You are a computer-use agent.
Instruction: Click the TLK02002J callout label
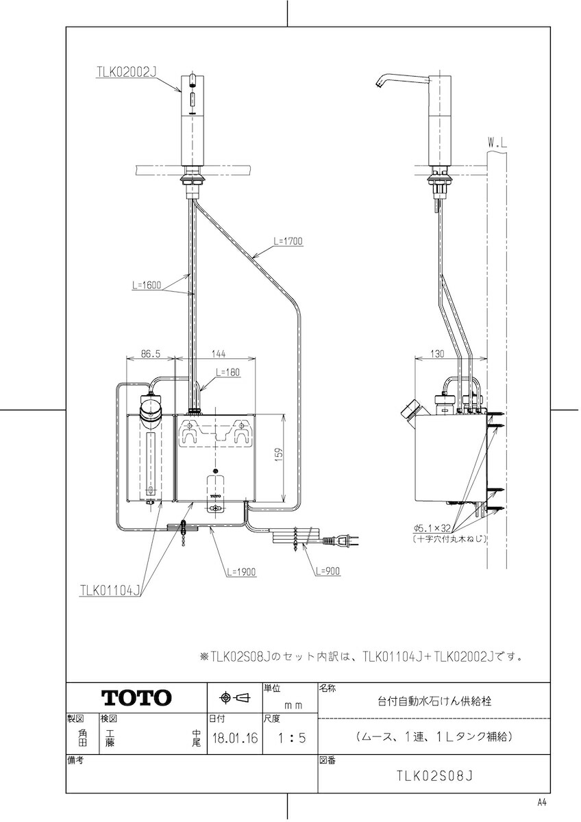click(x=127, y=72)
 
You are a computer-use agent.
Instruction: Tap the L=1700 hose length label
click(x=288, y=240)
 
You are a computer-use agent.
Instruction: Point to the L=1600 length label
click(x=147, y=285)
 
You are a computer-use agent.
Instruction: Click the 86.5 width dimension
click(x=151, y=353)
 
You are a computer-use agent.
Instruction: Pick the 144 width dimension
click(x=219, y=353)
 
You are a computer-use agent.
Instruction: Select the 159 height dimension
click(x=279, y=455)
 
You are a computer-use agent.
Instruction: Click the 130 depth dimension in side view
click(x=436, y=353)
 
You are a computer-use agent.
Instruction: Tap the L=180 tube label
click(x=227, y=372)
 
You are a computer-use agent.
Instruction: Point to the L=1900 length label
click(x=241, y=572)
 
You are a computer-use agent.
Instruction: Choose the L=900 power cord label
click(x=327, y=571)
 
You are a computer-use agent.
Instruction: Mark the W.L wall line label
click(x=497, y=143)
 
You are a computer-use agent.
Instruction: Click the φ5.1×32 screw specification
click(x=432, y=528)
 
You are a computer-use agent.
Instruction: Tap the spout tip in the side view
click(x=377, y=85)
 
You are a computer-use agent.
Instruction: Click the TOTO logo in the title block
click(x=136, y=697)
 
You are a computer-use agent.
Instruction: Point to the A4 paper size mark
click(x=542, y=810)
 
